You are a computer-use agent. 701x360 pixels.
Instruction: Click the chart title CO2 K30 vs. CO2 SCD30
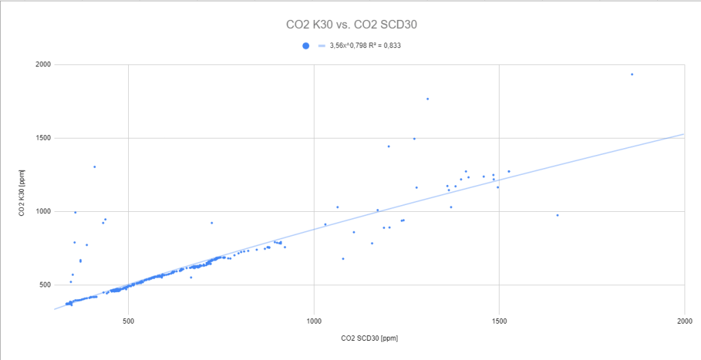pyautogui.click(x=352, y=25)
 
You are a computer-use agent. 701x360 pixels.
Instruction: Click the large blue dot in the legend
pyautogui.click(x=306, y=46)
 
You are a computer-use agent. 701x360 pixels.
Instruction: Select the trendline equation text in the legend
pyautogui.click(x=364, y=46)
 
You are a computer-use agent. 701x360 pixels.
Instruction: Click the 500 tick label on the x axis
pyautogui.click(x=128, y=320)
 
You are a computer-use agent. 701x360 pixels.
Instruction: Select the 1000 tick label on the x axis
pyautogui.click(x=314, y=320)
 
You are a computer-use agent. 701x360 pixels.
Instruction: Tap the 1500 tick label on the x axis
pyautogui.click(x=500, y=320)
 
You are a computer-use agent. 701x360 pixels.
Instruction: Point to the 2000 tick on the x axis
pyautogui.click(x=685, y=320)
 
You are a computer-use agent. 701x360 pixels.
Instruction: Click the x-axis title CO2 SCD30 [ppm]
pyautogui.click(x=369, y=338)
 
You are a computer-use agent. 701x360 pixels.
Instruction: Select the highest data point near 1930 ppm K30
pyautogui.click(x=632, y=74)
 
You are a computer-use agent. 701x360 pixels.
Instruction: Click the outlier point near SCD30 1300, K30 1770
pyautogui.click(x=428, y=99)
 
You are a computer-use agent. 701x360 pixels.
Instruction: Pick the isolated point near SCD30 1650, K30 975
pyautogui.click(x=557, y=215)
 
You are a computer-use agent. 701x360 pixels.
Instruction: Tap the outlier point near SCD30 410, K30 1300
pyautogui.click(x=95, y=167)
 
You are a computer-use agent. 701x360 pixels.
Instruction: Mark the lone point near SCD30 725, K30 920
pyautogui.click(x=212, y=222)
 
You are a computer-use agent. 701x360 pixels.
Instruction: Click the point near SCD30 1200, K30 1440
pyautogui.click(x=389, y=146)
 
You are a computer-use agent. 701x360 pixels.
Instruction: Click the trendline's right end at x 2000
pyautogui.click(x=684, y=134)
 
